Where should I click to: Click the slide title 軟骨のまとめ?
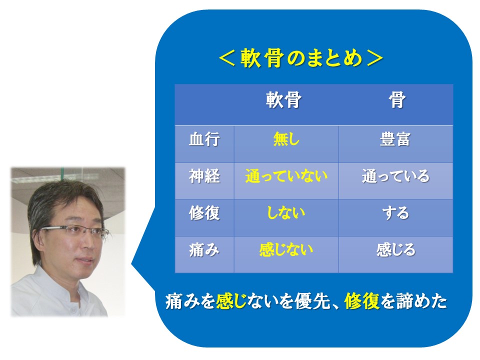pos(301,58)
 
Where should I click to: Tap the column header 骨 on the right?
pos(397,100)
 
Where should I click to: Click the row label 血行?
pos(204,139)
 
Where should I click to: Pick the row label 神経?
pos(204,176)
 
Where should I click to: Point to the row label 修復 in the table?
pos(204,213)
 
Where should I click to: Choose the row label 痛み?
pos(204,250)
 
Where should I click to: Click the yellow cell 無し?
pos(286,139)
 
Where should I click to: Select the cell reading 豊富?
pos(395,139)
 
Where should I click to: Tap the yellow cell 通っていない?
pos(286,176)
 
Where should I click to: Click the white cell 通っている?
pos(395,176)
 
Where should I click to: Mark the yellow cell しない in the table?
pos(286,213)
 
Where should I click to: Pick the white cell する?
pos(395,213)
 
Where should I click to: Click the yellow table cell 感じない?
pos(286,250)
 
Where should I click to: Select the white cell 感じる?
pos(395,250)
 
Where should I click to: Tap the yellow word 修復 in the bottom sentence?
pos(362,301)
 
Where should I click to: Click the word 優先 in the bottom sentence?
pos(312,301)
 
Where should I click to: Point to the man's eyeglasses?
pos(74,230)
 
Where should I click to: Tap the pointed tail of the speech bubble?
pos(132,263)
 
